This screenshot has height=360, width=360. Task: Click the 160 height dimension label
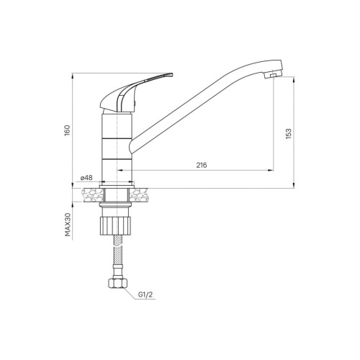[68, 130]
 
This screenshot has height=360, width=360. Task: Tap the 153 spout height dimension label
[289, 134]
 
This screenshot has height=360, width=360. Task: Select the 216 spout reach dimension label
[202, 165]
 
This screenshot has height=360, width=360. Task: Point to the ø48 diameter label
[86, 178]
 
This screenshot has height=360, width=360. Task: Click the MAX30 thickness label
[68, 225]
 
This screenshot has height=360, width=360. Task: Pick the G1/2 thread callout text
[145, 294]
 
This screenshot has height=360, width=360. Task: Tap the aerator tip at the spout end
[273, 76]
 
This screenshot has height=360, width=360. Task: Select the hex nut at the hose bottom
[117, 283]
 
